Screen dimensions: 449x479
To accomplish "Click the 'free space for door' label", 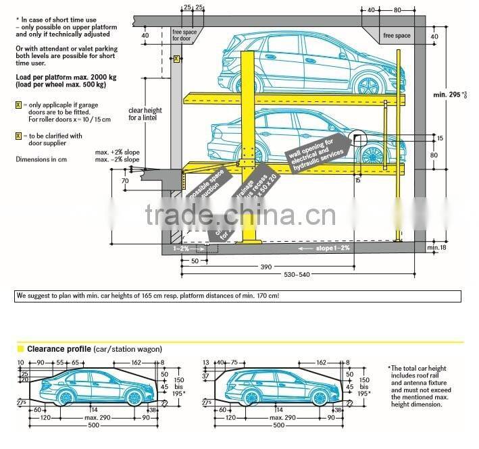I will coord(184,34).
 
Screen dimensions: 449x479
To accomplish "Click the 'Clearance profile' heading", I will coord(53,348).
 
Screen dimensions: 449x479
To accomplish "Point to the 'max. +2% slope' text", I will coord(118,153).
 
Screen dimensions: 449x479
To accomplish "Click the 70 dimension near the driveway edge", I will coord(125,181).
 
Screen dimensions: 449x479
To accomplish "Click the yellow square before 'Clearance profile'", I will coord(20,348).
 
